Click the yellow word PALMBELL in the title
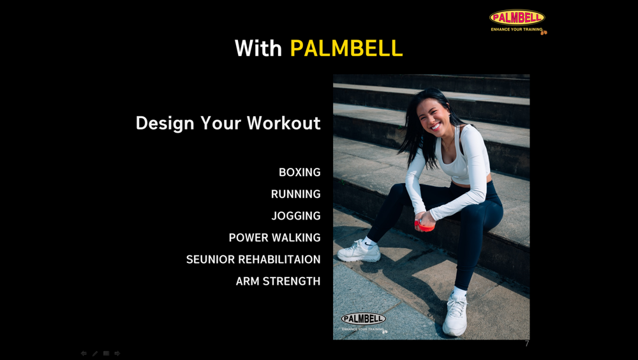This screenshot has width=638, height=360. (x=346, y=48)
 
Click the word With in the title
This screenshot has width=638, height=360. (x=258, y=48)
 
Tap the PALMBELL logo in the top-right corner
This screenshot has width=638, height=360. (x=517, y=22)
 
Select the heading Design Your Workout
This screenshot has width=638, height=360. (x=228, y=123)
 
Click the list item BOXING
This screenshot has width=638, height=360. (x=299, y=172)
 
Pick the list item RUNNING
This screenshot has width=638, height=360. (x=296, y=194)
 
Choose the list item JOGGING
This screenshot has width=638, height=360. (x=296, y=216)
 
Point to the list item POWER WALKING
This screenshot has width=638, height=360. (x=274, y=237)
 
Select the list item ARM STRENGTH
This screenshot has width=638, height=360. (x=278, y=281)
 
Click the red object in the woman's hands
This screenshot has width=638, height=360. (x=424, y=226)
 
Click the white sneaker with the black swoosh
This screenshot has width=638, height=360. (x=359, y=251)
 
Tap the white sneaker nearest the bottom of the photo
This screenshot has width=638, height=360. (x=455, y=315)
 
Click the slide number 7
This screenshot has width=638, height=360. (x=527, y=343)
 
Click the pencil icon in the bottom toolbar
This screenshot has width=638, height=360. (x=95, y=354)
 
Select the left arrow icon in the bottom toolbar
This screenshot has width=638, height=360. (x=84, y=354)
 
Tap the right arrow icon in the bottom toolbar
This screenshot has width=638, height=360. (x=117, y=354)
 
